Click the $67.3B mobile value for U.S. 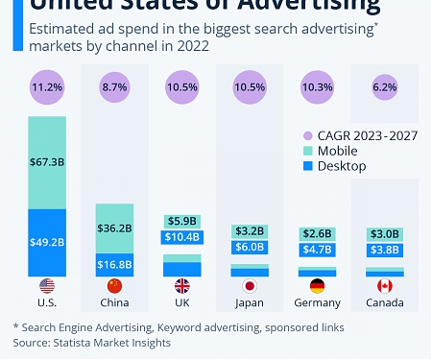point(47,161)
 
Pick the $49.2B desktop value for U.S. point(47,241)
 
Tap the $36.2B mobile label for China point(114,228)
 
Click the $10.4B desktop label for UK point(182,237)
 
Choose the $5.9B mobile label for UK point(182,221)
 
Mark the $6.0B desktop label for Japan point(250,247)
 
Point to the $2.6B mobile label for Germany point(317,234)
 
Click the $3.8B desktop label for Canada point(384,251)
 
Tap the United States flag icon point(47,286)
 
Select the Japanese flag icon point(250,286)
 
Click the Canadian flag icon point(384,286)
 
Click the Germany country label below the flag point(317,303)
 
